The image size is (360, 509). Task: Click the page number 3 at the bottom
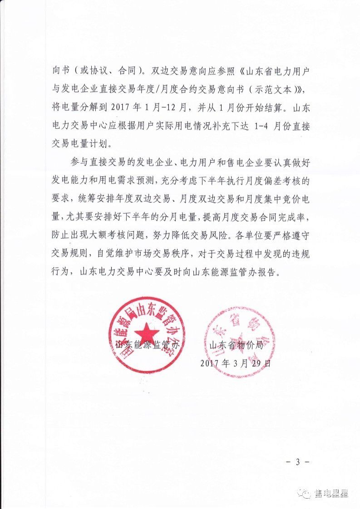point(298,462)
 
